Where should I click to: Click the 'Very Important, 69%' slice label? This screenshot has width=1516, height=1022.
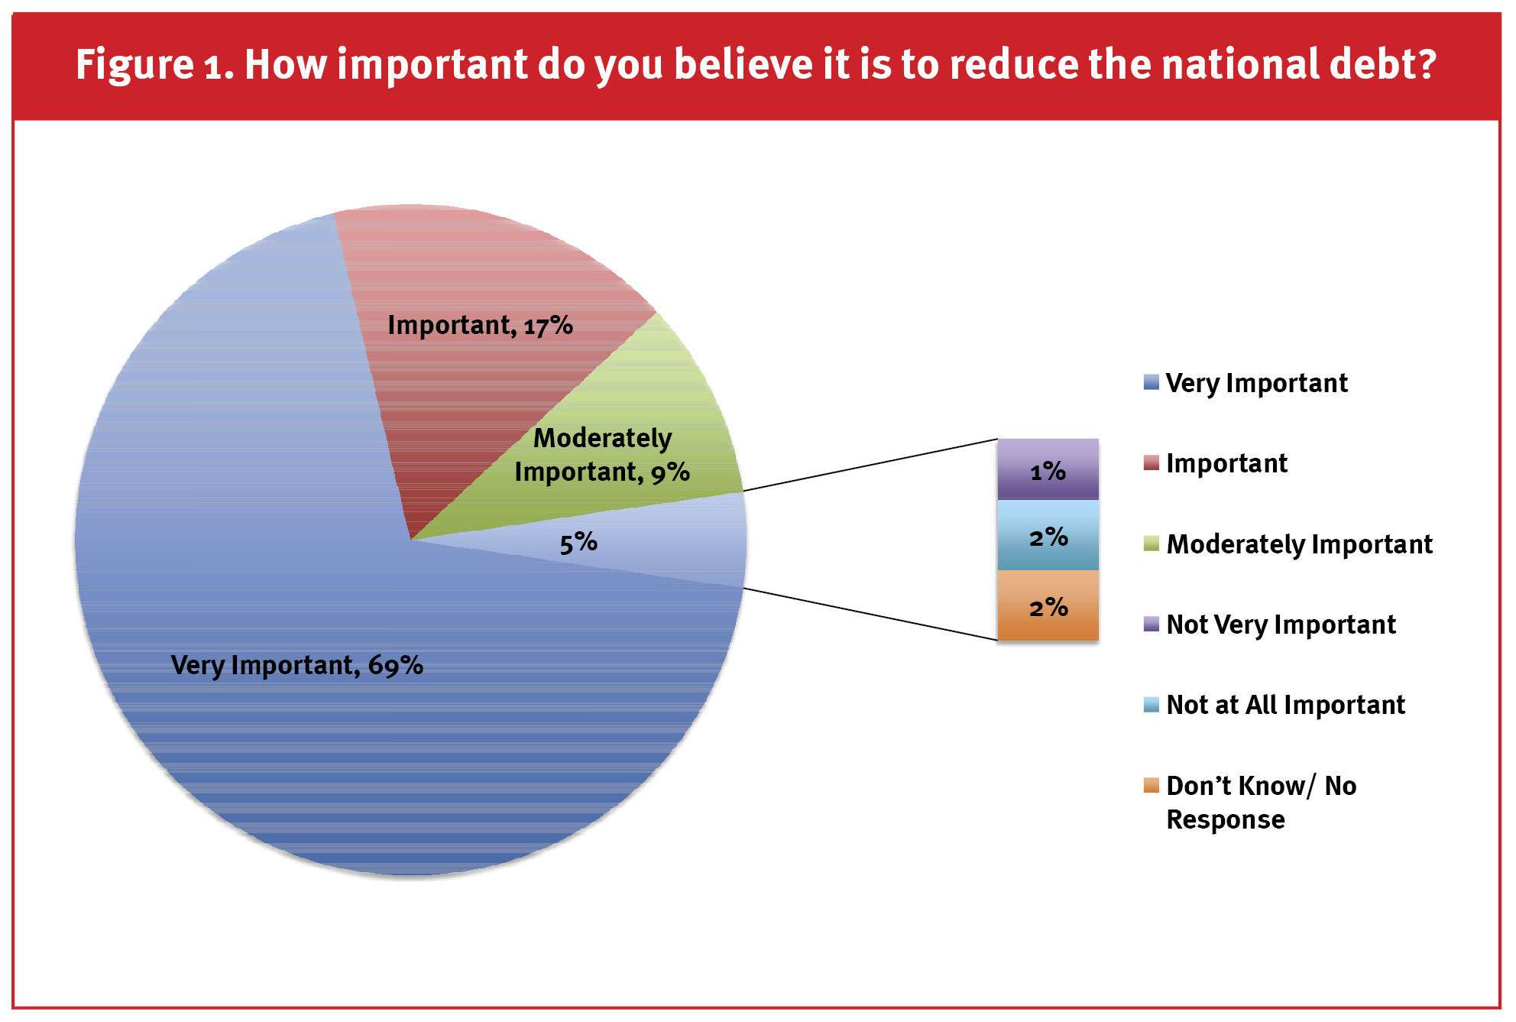[296, 665]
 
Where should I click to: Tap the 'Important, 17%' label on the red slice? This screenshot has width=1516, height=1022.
[480, 325]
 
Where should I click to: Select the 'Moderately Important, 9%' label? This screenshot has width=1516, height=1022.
[602, 455]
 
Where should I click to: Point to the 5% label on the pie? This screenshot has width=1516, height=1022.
[578, 543]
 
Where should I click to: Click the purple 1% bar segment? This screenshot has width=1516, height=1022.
[1048, 469]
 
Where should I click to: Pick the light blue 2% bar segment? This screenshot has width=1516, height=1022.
[1048, 535]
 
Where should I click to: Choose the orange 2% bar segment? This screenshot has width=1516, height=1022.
[1048, 605]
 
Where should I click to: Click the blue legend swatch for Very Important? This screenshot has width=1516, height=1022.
[1151, 382]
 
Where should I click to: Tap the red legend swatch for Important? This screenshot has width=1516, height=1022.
[1151, 462]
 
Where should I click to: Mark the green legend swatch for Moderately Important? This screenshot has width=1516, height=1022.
[1151, 543]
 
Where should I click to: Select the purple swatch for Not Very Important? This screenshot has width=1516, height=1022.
[1151, 624]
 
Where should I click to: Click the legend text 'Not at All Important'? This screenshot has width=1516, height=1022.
[1285, 705]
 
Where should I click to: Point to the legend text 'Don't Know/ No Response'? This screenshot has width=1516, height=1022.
[1261, 802]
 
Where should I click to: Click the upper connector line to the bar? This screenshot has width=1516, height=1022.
[870, 465]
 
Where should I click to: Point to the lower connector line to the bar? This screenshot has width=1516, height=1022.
[870, 614]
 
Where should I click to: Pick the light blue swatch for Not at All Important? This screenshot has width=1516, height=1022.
[1151, 704]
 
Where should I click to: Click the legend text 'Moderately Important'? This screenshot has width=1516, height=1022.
[1299, 544]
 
